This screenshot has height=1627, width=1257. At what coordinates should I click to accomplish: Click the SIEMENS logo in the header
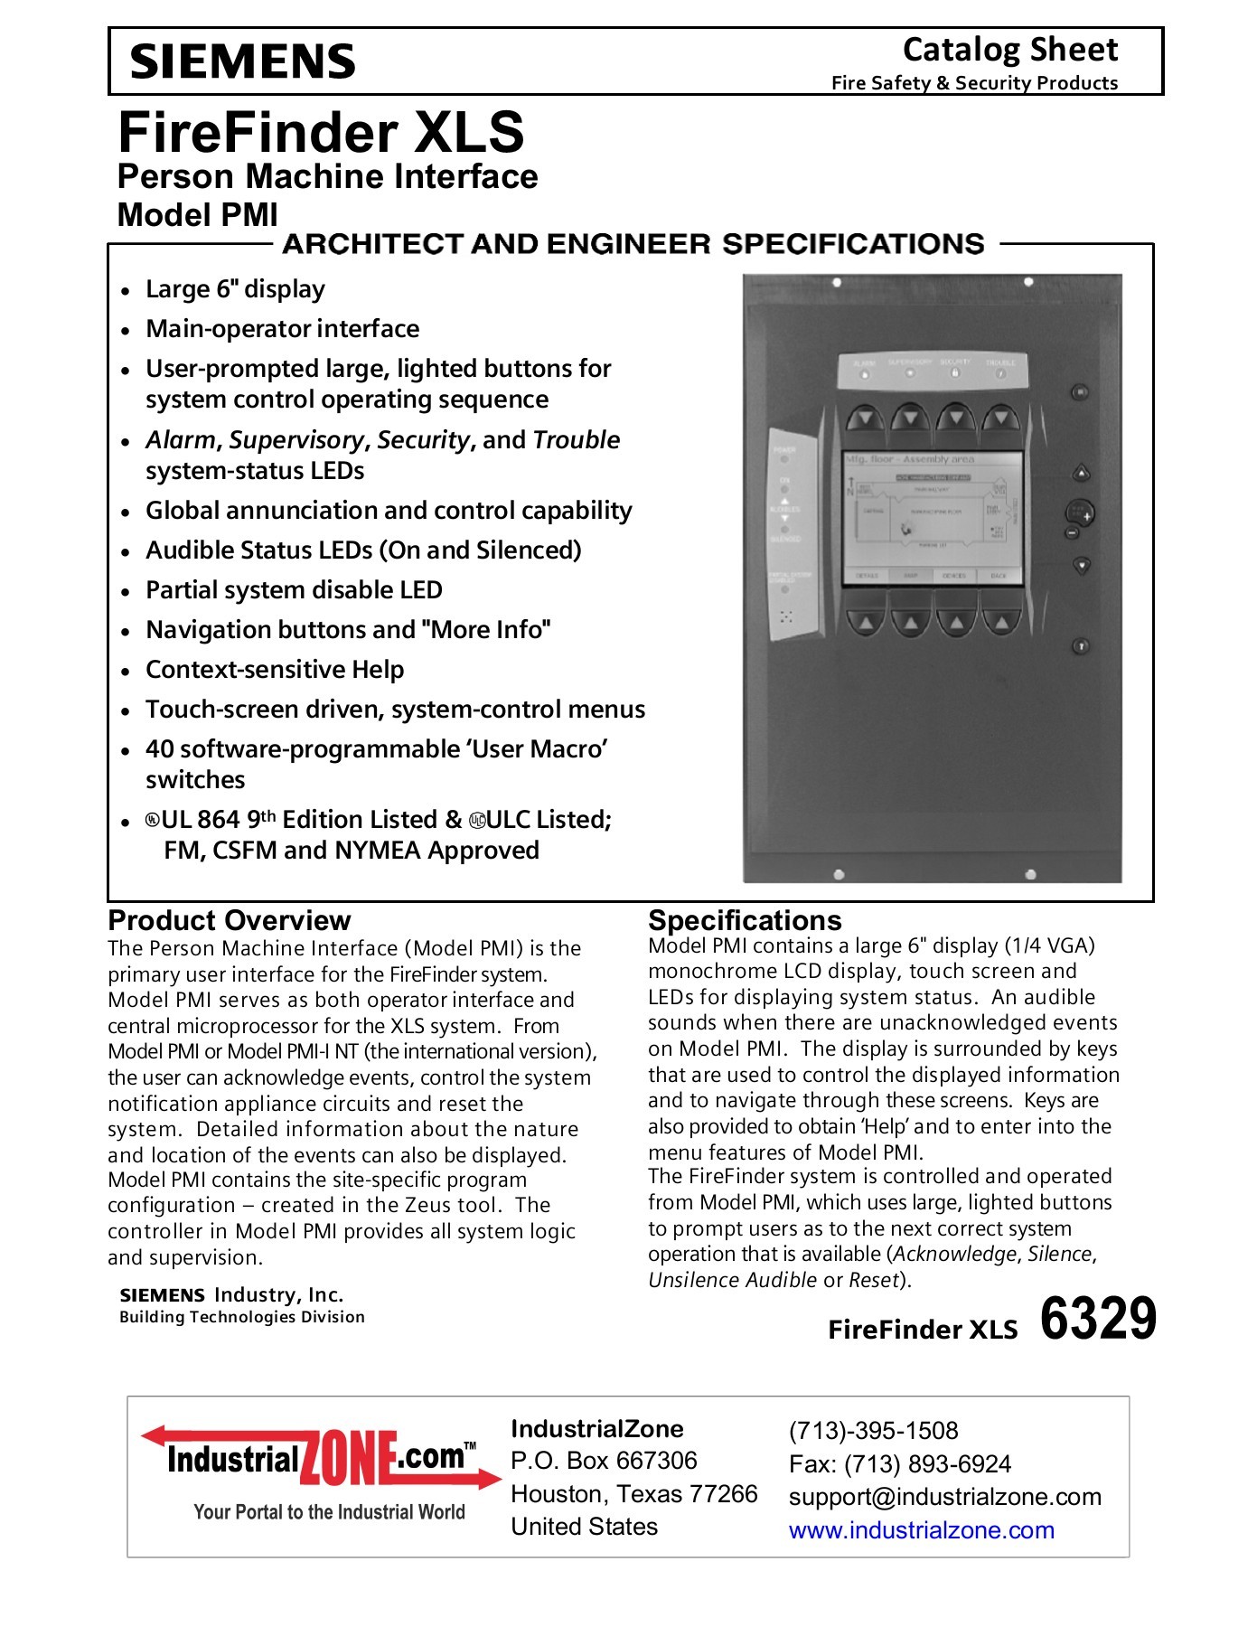(x=242, y=61)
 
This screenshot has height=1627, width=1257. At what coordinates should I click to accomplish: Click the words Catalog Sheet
(x=1009, y=50)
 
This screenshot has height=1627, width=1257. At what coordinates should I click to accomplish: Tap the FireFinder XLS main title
(x=321, y=132)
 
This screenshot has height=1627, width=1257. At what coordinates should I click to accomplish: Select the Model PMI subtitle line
(x=198, y=215)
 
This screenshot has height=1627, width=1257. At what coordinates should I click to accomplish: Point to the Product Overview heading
(x=229, y=920)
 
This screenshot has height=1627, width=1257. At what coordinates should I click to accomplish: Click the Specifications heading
(x=745, y=920)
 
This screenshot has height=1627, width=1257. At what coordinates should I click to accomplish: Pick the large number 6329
(x=1097, y=1318)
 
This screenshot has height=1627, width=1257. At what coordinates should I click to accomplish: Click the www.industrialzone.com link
(x=921, y=1530)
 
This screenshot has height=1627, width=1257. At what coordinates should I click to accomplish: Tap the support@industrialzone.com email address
(x=944, y=1497)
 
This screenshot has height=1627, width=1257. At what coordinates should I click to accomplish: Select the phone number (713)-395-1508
(x=873, y=1431)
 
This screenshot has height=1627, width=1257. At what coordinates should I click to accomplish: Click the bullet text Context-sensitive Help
(x=275, y=670)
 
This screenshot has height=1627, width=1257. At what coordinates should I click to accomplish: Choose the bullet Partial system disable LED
(x=294, y=590)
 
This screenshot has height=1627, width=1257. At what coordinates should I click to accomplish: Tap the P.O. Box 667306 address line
(x=604, y=1461)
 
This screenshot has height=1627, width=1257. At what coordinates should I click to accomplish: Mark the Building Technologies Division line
(x=242, y=1317)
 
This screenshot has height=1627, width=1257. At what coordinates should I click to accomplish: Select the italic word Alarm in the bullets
(x=181, y=440)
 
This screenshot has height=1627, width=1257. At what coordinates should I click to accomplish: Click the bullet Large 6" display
(x=235, y=289)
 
